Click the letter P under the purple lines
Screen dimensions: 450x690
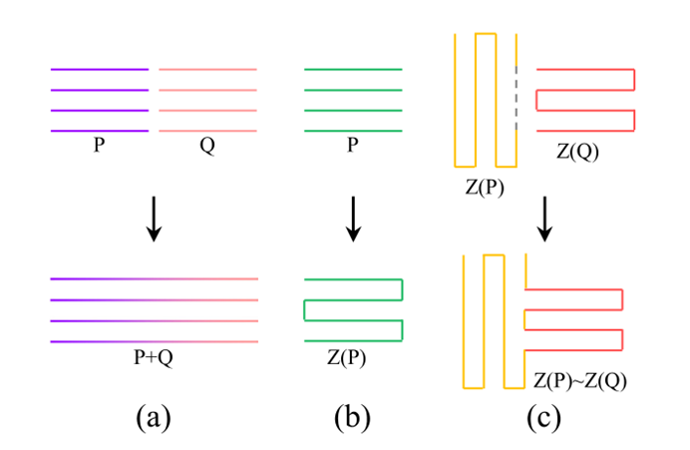point(99,146)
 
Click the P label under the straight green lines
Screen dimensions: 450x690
point(353,146)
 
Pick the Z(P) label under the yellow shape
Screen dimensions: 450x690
point(485,187)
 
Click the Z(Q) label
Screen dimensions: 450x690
point(578,152)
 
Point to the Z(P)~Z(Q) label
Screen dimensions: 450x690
point(579,380)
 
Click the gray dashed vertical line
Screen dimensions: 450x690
point(517,99)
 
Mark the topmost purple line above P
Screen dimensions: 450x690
point(100,70)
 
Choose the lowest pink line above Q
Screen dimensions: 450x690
point(208,131)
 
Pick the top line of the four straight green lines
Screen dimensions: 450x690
point(353,70)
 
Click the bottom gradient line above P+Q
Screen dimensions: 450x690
point(155,341)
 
